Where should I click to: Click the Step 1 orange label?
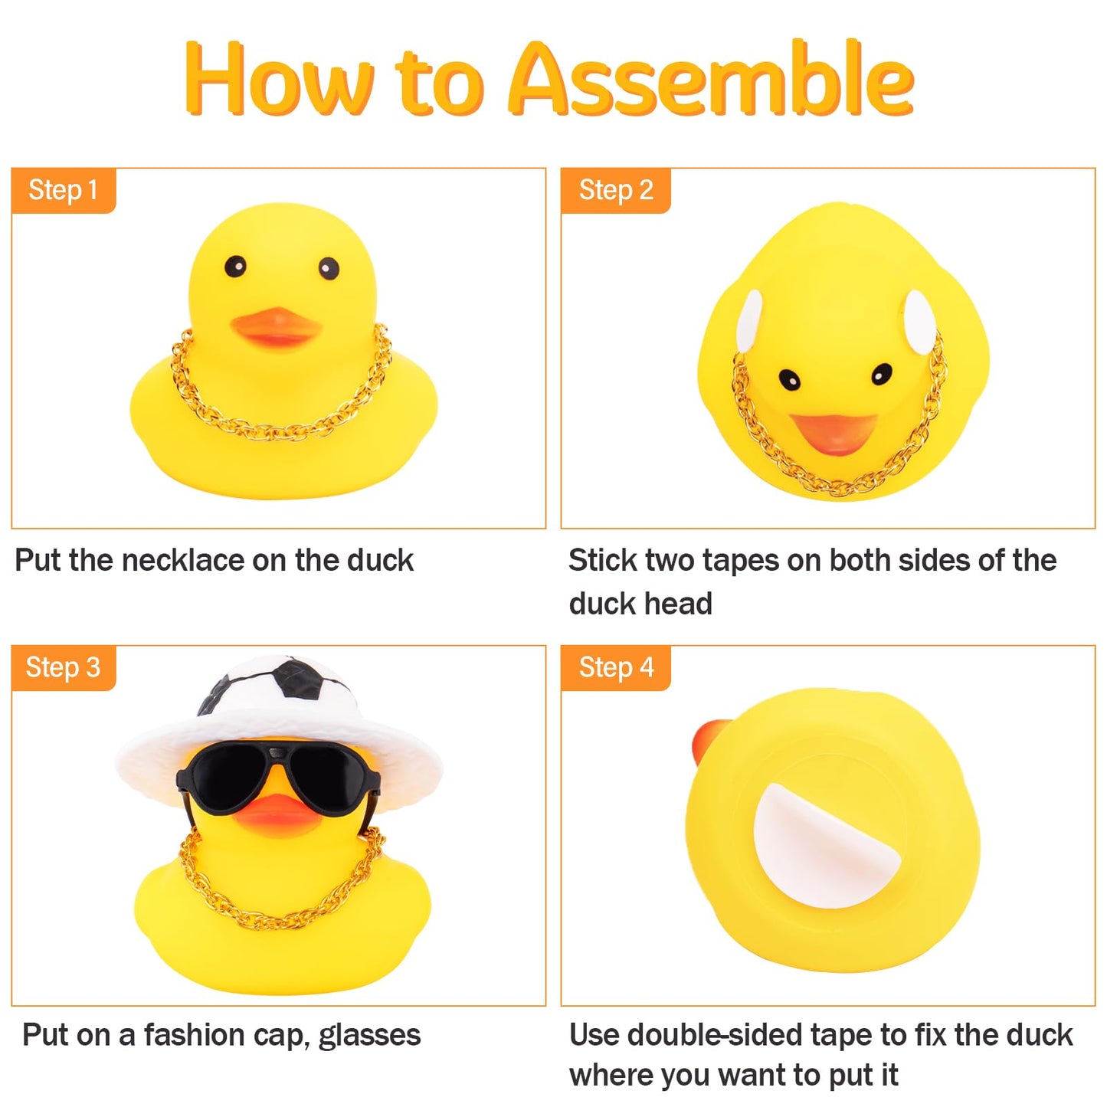coord(63,190)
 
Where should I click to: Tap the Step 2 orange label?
coord(615,190)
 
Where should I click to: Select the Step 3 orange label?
coord(63,667)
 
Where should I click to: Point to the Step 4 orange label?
coord(615,667)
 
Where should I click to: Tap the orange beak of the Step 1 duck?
coord(276,327)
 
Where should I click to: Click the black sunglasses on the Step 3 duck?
coord(277,775)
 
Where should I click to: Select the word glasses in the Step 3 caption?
coord(369,1036)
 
